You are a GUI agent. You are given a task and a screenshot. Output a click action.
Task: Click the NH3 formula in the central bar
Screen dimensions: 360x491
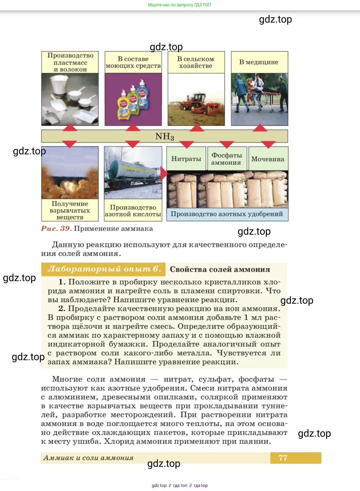tap(165, 136)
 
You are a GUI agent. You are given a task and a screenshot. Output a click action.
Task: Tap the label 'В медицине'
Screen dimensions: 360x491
tap(259, 62)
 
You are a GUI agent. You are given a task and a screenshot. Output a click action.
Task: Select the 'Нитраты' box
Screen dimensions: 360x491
tap(186, 158)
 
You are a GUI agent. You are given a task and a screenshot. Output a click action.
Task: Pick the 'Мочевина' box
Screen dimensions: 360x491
tap(268, 158)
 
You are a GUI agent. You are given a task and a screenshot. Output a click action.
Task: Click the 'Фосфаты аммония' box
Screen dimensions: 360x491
tap(227, 158)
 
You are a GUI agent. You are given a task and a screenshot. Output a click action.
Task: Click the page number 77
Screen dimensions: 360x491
tap(283, 458)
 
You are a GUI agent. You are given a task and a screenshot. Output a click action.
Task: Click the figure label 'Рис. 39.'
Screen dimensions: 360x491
tap(56, 228)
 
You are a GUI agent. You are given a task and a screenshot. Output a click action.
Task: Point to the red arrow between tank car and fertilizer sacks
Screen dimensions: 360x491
tap(164, 173)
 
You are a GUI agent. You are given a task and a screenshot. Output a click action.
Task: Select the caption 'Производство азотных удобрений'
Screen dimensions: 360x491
tap(227, 214)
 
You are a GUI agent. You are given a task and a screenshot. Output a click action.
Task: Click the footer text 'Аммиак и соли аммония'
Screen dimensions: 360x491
tap(88, 458)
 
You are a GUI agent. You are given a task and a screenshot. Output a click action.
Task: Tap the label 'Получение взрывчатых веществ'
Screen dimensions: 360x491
tap(70, 210)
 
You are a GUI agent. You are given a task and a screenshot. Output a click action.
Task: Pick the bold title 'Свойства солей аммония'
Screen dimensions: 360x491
tap(220, 269)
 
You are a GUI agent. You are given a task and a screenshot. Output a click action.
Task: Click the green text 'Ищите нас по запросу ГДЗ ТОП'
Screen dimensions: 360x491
tap(180, 5)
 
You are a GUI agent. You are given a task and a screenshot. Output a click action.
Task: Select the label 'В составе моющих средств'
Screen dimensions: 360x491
tap(133, 62)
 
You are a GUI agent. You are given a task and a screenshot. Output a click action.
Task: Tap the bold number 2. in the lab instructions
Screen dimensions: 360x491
tap(62, 308)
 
